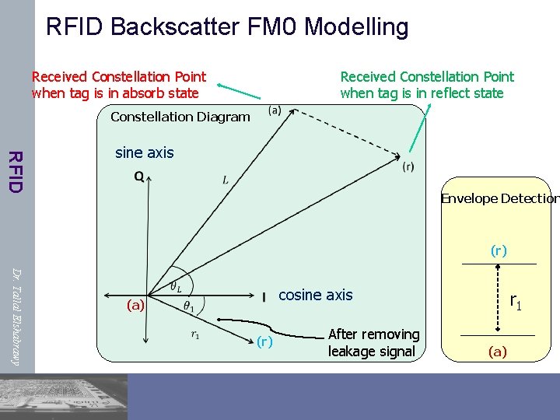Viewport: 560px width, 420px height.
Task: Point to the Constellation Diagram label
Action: point(180,117)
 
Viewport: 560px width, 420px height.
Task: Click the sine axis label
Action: point(144,152)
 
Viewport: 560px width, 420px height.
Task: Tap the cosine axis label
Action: point(315,295)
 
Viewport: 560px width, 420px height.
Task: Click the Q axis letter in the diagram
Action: point(138,177)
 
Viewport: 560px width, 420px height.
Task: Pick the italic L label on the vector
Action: point(226,180)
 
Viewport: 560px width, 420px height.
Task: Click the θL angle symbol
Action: point(177,288)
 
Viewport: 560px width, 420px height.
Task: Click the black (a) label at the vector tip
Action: point(275,110)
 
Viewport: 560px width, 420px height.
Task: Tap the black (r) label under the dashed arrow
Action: point(408,166)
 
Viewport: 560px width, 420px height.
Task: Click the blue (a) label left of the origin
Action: point(136,305)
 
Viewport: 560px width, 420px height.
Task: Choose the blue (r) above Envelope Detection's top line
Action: point(499,250)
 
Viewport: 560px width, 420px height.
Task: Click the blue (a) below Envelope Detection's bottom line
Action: point(498,352)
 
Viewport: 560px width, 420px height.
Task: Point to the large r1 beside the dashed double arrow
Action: point(516,299)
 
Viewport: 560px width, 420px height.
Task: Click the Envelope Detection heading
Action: point(499,198)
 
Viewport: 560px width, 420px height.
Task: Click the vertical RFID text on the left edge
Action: point(15,170)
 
